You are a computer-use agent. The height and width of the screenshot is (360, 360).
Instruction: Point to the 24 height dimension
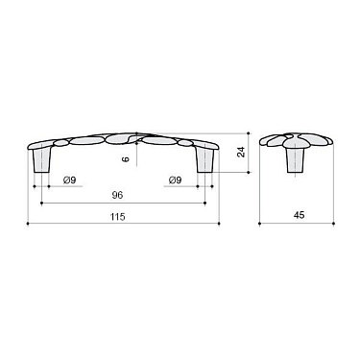pos(242,153)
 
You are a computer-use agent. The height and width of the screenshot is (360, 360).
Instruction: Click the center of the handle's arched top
pos(123,135)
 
